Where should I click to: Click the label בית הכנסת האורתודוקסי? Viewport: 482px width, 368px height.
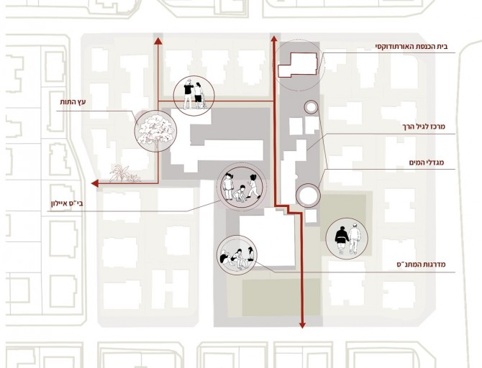[x=411, y=47]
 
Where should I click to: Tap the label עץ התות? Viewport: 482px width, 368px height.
[x=73, y=102]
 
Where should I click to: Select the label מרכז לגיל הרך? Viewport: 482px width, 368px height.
[x=424, y=126]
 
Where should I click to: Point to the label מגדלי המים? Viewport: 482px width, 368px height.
[x=427, y=162]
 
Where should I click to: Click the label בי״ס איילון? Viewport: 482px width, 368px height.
[x=67, y=203]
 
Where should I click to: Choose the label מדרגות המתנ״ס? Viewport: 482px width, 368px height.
[x=421, y=264]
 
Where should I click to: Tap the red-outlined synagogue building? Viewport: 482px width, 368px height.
[x=298, y=65]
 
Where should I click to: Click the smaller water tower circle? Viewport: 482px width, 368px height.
[x=311, y=107]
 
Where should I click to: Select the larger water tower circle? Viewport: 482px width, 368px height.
[x=308, y=195]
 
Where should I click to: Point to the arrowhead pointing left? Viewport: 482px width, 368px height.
[x=95, y=183]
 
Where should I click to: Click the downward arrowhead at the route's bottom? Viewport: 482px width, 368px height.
[x=302, y=324]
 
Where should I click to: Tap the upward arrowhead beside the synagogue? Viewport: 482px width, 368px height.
[x=273, y=38]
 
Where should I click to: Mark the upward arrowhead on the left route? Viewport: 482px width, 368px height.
[x=158, y=41]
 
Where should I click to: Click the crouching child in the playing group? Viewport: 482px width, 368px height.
[x=240, y=194]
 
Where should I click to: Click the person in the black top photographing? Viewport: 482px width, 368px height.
[x=188, y=93]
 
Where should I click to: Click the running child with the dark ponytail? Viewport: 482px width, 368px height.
[x=254, y=186]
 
